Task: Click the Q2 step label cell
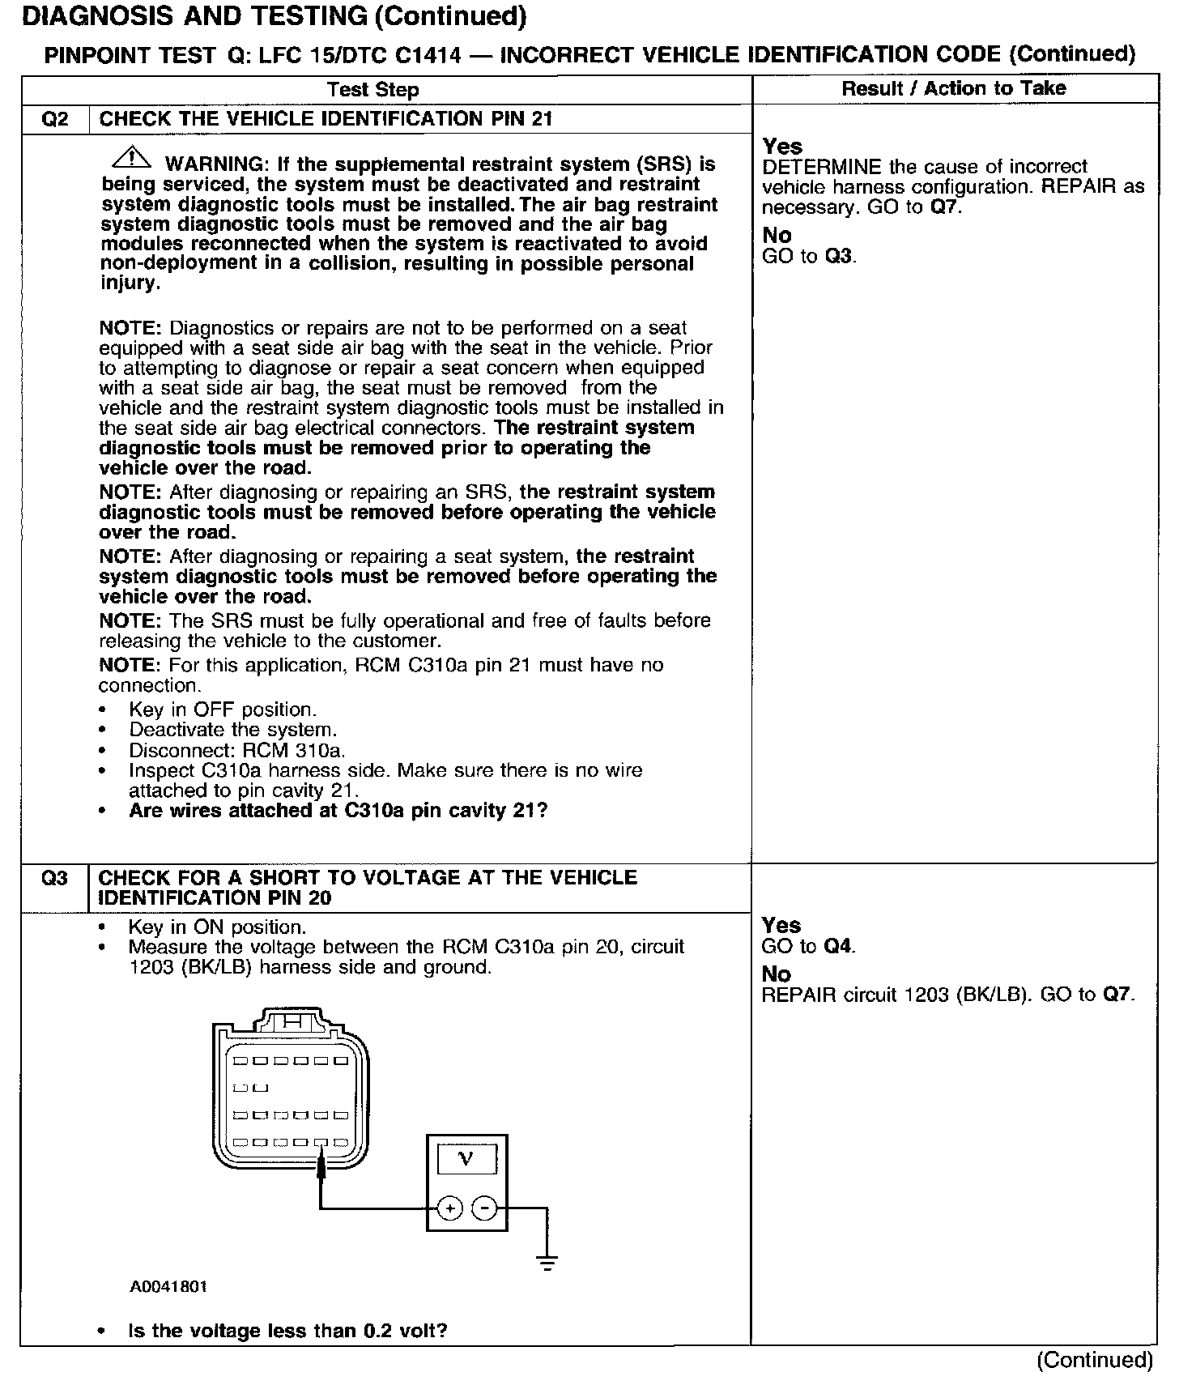pos(54,119)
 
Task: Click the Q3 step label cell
pos(54,879)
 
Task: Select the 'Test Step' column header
pos(373,89)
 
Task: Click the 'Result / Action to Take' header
pos(954,88)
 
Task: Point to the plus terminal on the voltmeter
pos(449,1209)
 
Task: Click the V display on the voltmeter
pos(466,1159)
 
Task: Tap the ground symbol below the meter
pos(547,1261)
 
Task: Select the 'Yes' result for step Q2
pos(782,147)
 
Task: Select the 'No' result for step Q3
pos(776,974)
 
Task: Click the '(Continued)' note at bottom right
pos(1095,1360)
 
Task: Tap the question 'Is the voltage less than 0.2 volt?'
pos(287,1331)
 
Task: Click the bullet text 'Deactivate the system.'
pos(232,730)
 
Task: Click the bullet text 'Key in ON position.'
pos(217,927)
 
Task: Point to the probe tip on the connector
pos(321,1165)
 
